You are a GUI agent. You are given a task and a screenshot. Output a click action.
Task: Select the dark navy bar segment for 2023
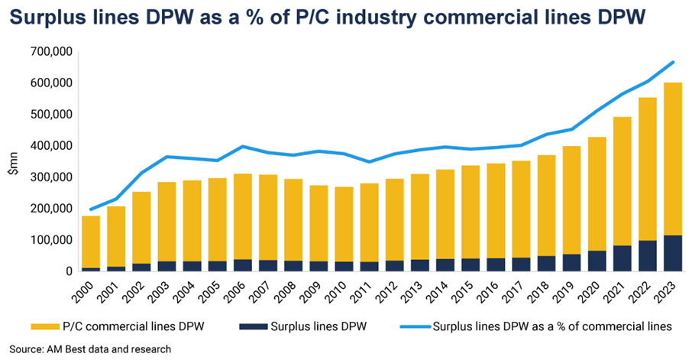(x=671, y=253)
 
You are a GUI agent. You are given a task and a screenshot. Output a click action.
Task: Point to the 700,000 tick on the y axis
(x=73, y=52)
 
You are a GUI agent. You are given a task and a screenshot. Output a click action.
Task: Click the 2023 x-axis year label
(x=668, y=291)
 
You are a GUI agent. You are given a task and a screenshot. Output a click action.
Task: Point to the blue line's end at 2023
(x=671, y=62)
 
